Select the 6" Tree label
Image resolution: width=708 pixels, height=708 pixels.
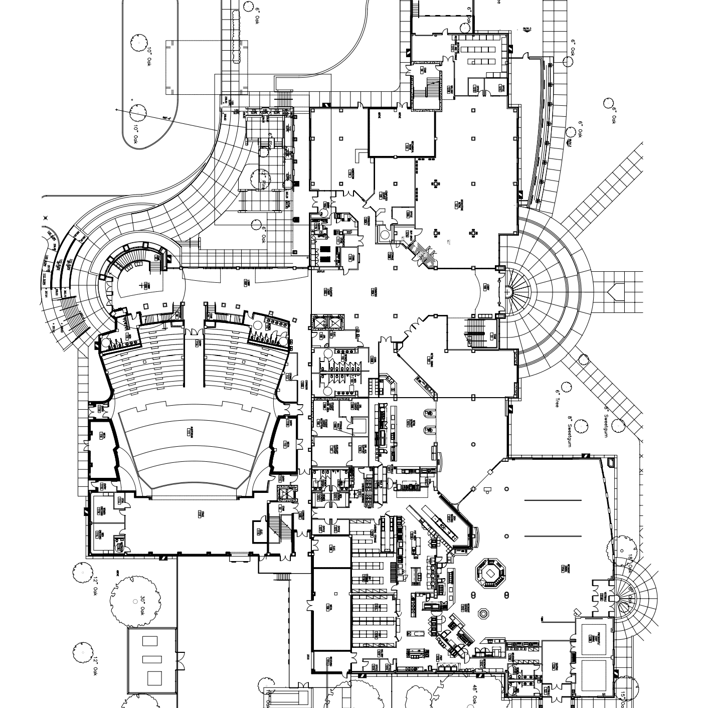pyautogui.click(x=557, y=399)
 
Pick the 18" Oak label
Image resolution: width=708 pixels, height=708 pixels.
pyautogui.click(x=630, y=562)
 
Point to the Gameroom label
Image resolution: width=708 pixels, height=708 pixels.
pyautogui.click(x=348, y=173)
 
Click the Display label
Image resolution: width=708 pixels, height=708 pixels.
pyautogui.click(x=321, y=271)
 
